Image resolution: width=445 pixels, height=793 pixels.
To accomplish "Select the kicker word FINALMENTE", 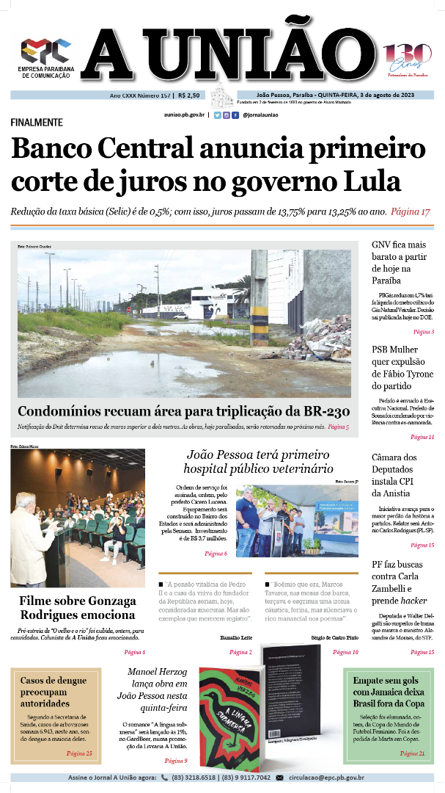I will [x=37, y=123].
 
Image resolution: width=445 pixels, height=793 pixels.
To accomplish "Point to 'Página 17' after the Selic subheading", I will [x=410, y=211].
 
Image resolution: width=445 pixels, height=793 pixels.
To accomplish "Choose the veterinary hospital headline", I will [x=259, y=462].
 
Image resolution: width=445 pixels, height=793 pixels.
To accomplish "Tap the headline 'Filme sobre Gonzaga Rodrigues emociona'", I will [x=78, y=608].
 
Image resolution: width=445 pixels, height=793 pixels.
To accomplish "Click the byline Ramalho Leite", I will [x=236, y=637].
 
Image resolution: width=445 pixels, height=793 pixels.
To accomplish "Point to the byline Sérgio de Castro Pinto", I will [x=335, y=637].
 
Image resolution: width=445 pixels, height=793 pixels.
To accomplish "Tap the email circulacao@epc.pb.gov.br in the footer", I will [x=326, y=778].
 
